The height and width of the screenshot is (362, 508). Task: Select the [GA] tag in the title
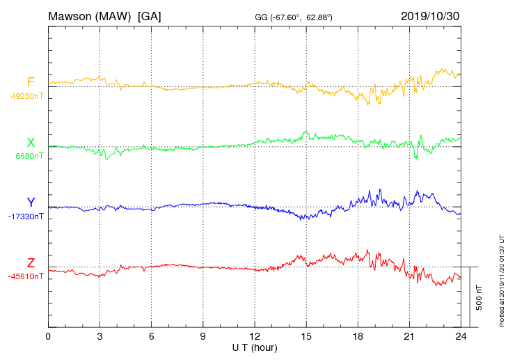(150, 15)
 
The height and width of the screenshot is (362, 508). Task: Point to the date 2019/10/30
(430, 15)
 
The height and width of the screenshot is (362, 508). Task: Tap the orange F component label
(31, 82)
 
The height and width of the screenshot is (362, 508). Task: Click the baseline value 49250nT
(27, 96)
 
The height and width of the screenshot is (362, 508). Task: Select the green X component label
(31, 143)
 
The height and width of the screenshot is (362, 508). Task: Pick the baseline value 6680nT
(29, 156)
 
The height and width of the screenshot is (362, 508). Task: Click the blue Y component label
(31, 203)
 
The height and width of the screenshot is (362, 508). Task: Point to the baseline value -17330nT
(26, 217)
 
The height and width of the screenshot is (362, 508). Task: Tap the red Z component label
(31, 262)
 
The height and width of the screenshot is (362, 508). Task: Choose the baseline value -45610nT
(26, 276)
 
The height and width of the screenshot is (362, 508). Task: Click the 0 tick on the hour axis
(48, 336)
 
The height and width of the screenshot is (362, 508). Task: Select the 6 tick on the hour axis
(152, 336)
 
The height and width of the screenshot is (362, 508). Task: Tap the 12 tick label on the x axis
(255, 336)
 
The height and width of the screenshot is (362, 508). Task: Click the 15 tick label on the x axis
(306, 336)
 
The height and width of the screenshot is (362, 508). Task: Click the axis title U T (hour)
(255, 347)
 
